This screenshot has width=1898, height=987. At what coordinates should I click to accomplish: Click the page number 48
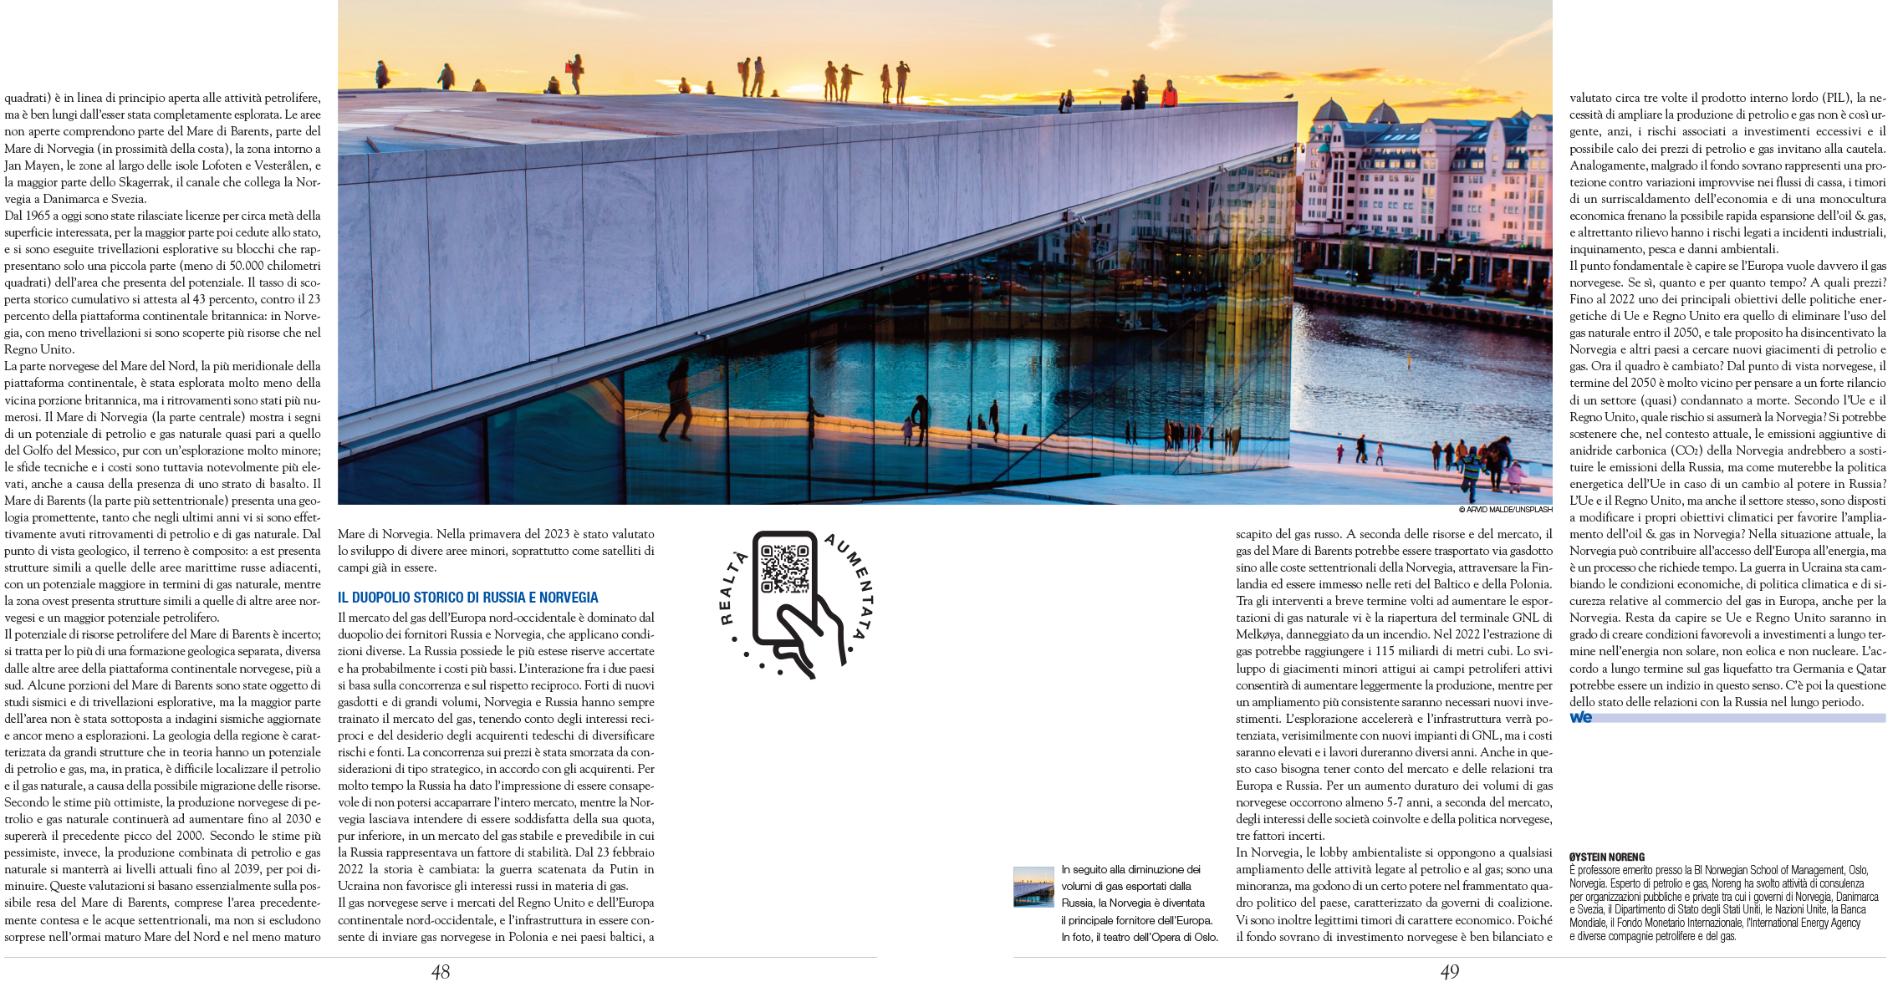tap(441, 972)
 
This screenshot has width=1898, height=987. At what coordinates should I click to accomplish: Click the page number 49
tap(1450, 972)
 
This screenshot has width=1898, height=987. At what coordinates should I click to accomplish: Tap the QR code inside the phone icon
tap(785, 568)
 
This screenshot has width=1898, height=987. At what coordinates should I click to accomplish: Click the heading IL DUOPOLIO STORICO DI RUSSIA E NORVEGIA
tap(467, 598)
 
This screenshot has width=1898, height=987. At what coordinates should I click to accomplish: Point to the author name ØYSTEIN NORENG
tap(1606, 857)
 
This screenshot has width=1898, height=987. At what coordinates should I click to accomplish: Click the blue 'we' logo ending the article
tap(1580, 717)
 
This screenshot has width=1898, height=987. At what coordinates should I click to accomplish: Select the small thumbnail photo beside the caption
tap(1033, 887)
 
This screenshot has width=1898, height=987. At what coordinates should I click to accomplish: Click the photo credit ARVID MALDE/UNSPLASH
tap(1505, 509)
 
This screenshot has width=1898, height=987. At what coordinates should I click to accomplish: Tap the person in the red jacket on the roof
tap(1169, 94)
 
